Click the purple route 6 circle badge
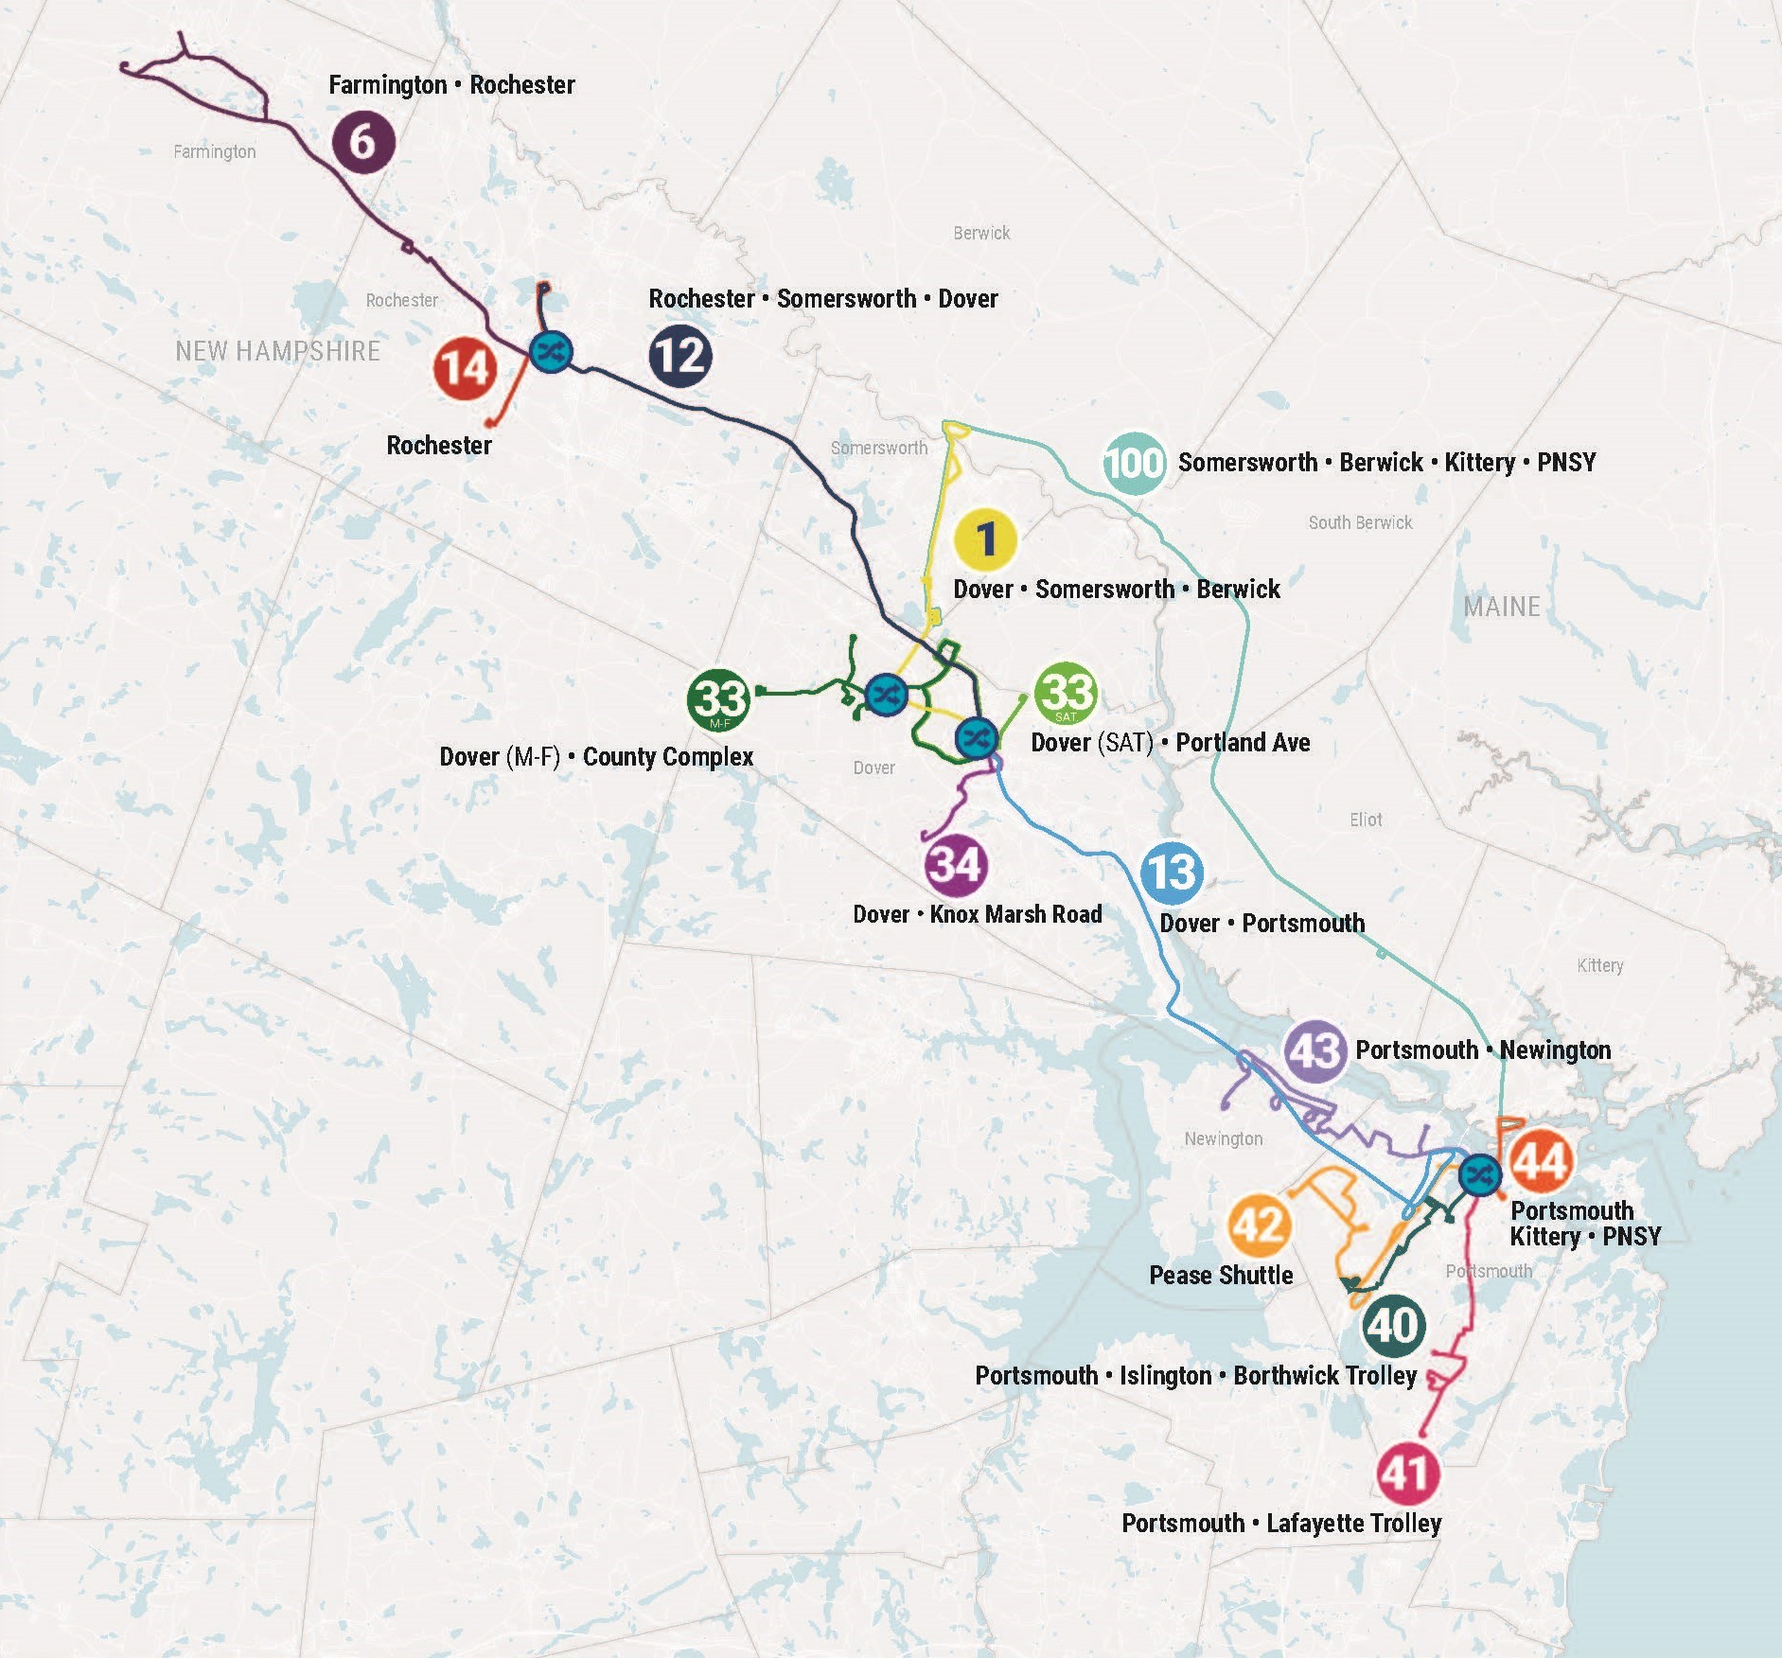tap(363, 142)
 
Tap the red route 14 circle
tap(465, 368)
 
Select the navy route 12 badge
tap(680, 356)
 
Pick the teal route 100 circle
tap(1134, 463)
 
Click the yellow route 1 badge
tap(985, 539)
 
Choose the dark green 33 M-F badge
tap(719, 700)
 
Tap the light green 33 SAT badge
tap(1066, 693)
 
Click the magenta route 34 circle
tap(956, 865)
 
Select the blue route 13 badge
tap(1172, 873)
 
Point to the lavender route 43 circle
tap(1315, 1051)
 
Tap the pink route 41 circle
tap(1407, 1473)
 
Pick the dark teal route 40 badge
tap(1394, 1325)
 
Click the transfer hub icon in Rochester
tap(551, 353)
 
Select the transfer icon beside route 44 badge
tap(1479, 1175)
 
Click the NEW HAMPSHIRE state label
tap(277, 351)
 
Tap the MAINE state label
tap(1502, 607)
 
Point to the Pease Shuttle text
tap(1221, 1275)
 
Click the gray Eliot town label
tap(1366, 820)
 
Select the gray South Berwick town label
tap(1360, 522)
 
